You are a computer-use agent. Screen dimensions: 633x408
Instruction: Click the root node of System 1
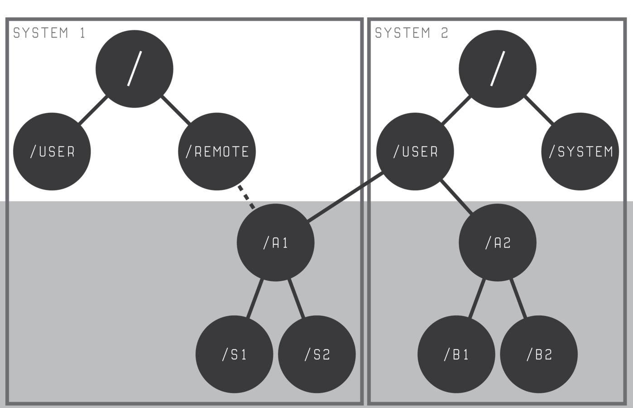[x=134, y=69]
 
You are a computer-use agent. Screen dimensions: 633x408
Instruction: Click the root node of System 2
[x=497, y=69]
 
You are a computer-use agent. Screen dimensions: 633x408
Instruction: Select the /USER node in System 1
[x=52, y=151]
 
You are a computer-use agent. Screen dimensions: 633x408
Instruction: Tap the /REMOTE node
[x=217, y=151]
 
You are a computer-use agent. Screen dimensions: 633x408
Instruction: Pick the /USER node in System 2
[x=415, y=151]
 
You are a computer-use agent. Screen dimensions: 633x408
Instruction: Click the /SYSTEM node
[x=580, y=151]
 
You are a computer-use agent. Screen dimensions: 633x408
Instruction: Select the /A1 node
[x=275, y=243]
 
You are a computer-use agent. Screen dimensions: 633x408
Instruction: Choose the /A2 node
[x=498, y=243]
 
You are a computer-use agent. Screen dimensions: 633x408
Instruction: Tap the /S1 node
[x=234, y=354]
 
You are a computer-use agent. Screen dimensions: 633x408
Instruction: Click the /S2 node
[x=316, y=354]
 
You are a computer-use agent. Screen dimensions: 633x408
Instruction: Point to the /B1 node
[x=456, y=354]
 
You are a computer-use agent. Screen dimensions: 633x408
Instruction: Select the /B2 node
[x=539, y=354]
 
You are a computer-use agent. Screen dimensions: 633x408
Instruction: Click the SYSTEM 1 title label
[x=49, y=33]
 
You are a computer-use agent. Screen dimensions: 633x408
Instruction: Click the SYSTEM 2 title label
[x=411, y=33]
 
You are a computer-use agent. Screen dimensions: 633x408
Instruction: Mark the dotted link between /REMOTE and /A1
[x=246, y=197]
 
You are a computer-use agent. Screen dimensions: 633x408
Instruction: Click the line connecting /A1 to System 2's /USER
[x=344, y=198]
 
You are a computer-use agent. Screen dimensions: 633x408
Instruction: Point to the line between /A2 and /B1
[x=477, y=298]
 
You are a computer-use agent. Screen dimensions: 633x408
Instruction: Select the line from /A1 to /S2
[x=296, y=298]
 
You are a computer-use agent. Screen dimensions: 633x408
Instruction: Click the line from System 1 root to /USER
[x=94, y=109]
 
